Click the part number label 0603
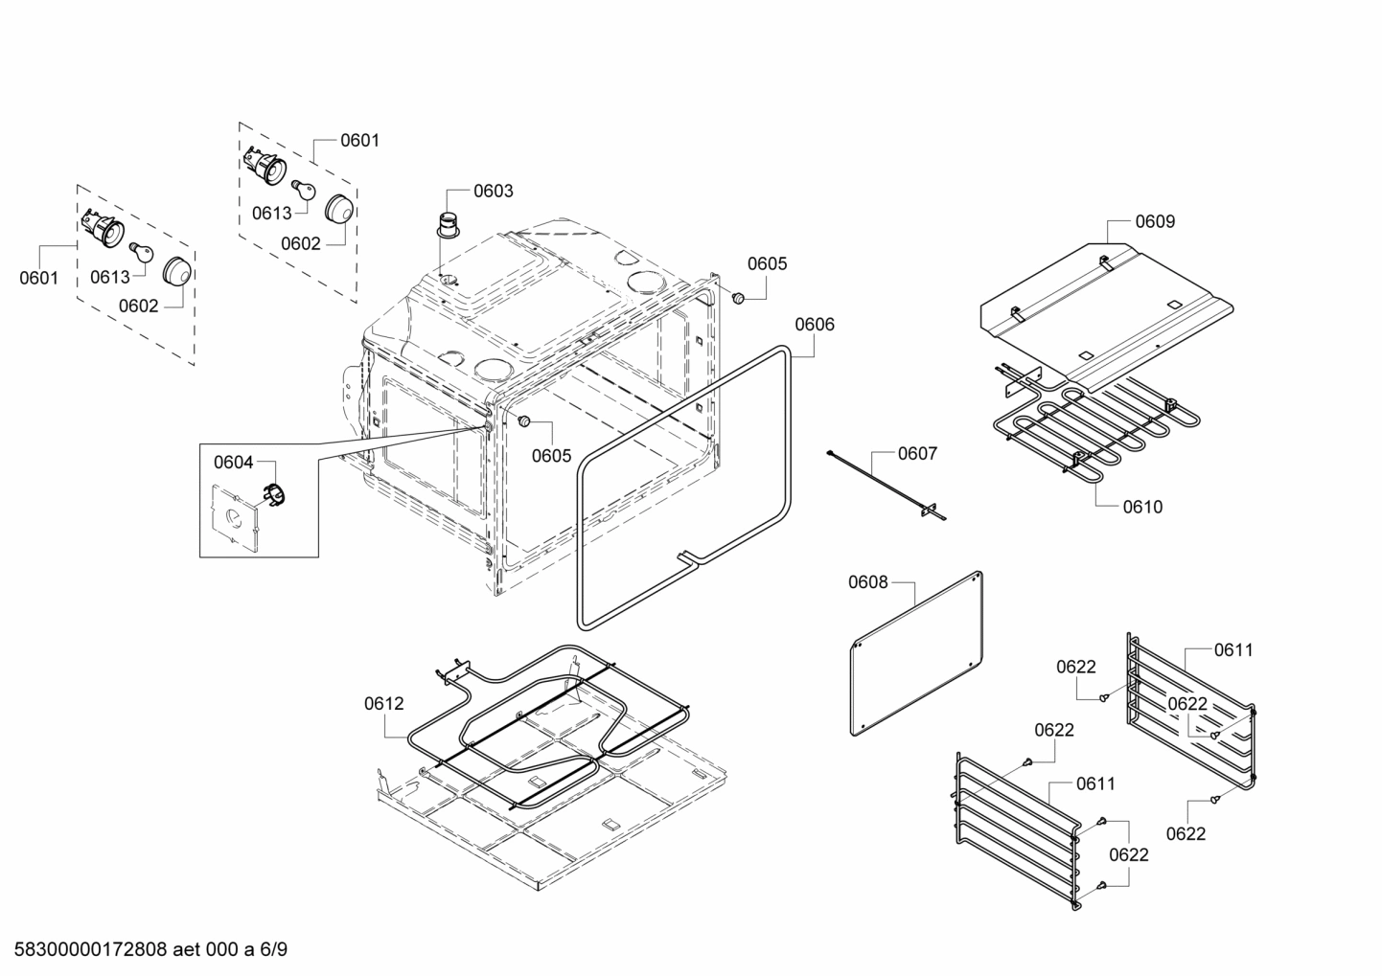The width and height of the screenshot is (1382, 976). [x=493, y=191]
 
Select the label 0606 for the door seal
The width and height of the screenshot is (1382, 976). [x=814, y=325]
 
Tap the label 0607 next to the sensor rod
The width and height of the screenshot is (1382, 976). [x=917, y=453]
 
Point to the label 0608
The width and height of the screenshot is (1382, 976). [x=867, y=581]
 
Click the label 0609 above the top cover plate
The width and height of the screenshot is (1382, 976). [x=1155, y=221]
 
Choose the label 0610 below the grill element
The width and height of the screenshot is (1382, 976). [x=1142, y=507]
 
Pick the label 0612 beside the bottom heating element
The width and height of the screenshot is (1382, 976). [x=383, y=704]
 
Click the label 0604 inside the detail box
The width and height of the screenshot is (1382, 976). [x=233, y=463]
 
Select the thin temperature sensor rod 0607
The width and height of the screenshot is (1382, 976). [x=887, y=488]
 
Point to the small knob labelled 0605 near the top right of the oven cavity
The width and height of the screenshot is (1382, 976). [x=739, y=299]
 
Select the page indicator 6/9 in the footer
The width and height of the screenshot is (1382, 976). [x=273, y=950]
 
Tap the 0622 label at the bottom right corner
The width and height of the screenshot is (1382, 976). [x=1186, y=834]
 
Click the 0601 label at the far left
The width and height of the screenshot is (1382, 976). [x=39, y=279]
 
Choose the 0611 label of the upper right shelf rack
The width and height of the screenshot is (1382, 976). [x=1232, y=650]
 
